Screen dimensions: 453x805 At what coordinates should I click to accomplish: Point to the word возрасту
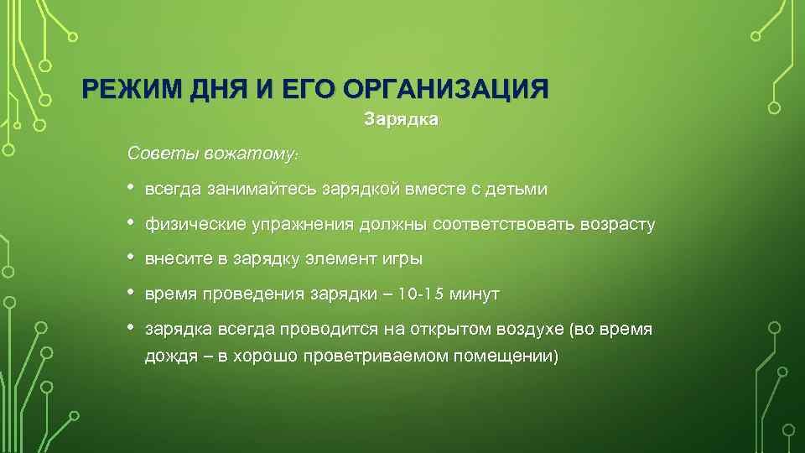click(615, 225)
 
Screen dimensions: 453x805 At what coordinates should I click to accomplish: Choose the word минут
click(475, 294)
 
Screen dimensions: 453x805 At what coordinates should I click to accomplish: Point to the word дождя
click(168, 356)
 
